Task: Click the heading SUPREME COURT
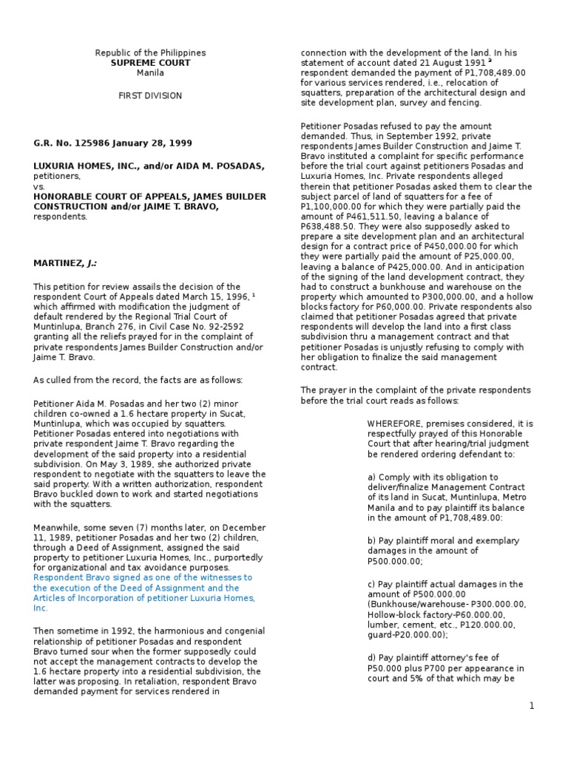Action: tap(150, 64)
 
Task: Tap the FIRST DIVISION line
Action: tap(150, 96)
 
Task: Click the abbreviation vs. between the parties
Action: tap(38, 187)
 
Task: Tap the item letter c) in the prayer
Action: tap(373, 584)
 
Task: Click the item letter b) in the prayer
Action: tap(373, 541)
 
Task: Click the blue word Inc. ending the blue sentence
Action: tap(40, 608)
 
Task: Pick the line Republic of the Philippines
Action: tap(150, 53)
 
